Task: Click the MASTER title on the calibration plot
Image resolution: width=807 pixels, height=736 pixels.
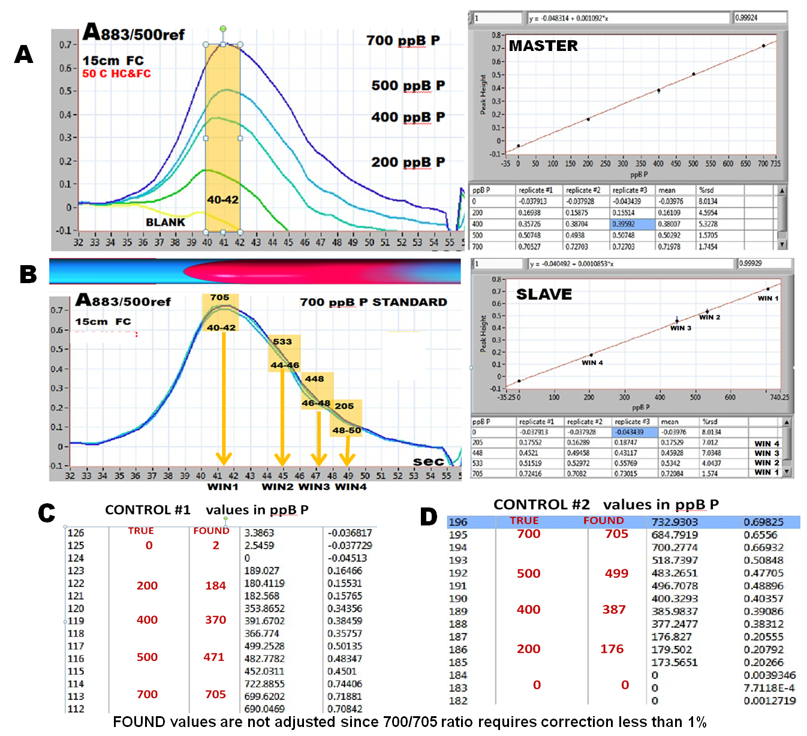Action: [x=543, y=46]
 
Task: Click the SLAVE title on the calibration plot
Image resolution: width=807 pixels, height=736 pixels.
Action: [x=544, y=295]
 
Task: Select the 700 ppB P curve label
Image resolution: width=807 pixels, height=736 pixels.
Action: [x=403, y=41]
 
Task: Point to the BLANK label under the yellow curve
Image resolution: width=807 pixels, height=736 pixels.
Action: [x=165, y=223]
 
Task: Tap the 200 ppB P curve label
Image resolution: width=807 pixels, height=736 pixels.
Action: [x=408, y=163]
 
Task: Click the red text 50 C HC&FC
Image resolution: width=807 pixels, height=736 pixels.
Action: [x=116, y=74]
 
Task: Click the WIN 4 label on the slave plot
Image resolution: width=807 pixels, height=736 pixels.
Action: [x=592, y=363]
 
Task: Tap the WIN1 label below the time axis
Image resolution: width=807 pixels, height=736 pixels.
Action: [x=223, y=487]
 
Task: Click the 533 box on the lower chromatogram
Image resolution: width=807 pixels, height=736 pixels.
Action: [x=282, y=342]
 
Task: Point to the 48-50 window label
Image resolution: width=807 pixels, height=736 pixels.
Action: [x=347, y=431]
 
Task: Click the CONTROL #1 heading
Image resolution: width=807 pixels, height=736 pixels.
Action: [x=147, y=510]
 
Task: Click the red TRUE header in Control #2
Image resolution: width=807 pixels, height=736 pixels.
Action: [x=524, y=521]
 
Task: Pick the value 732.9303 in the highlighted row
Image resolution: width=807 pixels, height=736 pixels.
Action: [x=674, y=522]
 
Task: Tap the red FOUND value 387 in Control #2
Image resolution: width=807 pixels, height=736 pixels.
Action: [x=614, y=610]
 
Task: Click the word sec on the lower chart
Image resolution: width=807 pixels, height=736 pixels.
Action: [x=428, y=461]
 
